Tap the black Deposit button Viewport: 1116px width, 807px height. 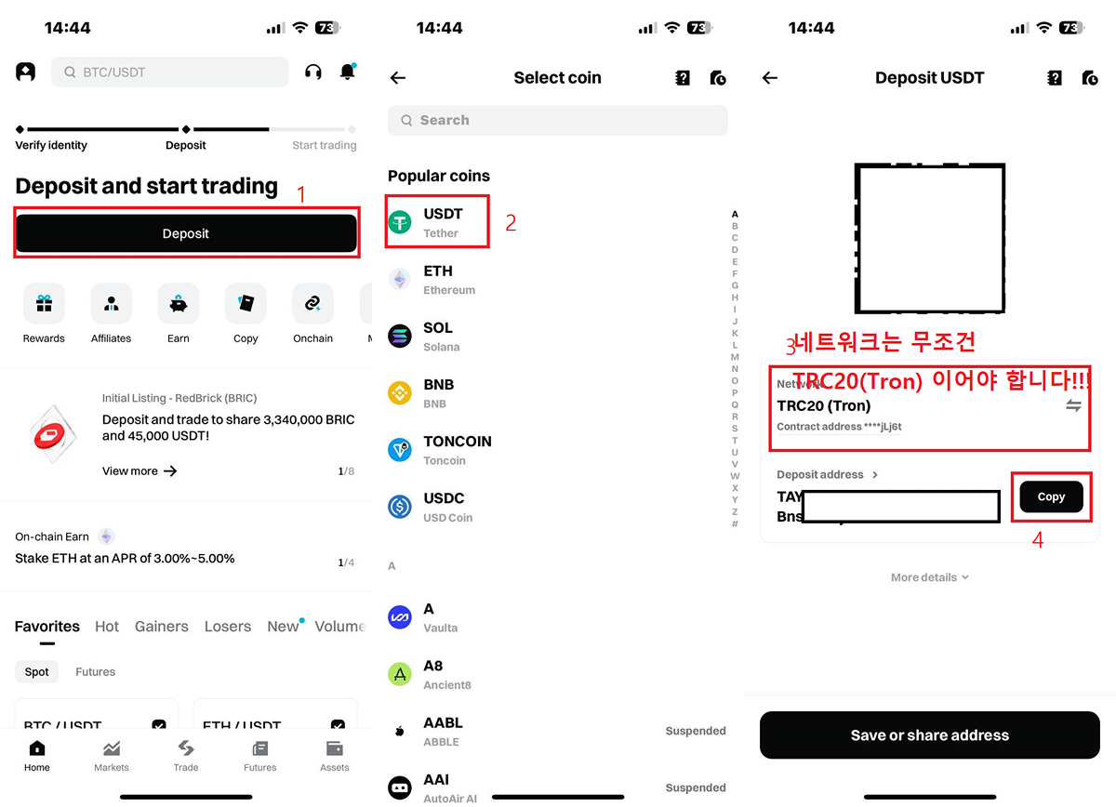click(186, 233)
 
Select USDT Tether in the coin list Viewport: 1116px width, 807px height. click(437, 222)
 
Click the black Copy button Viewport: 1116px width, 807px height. click(1051, 496)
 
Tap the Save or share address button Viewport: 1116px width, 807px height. click(929, 735)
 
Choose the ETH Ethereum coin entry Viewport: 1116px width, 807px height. click(437, 279)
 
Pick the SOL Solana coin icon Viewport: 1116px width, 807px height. click(400, 336)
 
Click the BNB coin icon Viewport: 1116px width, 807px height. click(400, 392)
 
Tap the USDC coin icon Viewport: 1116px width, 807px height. click(400, 507)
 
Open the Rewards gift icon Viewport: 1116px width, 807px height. click(44, 303)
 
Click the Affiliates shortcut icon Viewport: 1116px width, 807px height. click(112, 303)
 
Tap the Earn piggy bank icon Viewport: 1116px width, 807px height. click(179, 303)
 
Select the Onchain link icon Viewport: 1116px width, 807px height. click(312, 303)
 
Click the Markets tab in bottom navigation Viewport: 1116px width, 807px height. click(112, 755)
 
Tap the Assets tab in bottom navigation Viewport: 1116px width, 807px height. click(335, 755)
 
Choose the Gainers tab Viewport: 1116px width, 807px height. click(162, 627)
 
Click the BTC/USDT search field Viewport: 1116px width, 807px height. click(169, 72)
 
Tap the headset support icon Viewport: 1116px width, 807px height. click(313, 72)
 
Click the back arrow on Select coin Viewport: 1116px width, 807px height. click(398, 78)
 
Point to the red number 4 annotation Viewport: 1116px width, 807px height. click(1038, 539)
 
